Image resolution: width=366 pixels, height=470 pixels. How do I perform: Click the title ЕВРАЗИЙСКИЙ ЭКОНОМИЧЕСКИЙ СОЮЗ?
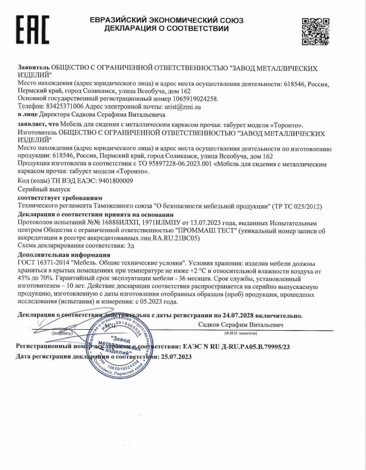166,20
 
